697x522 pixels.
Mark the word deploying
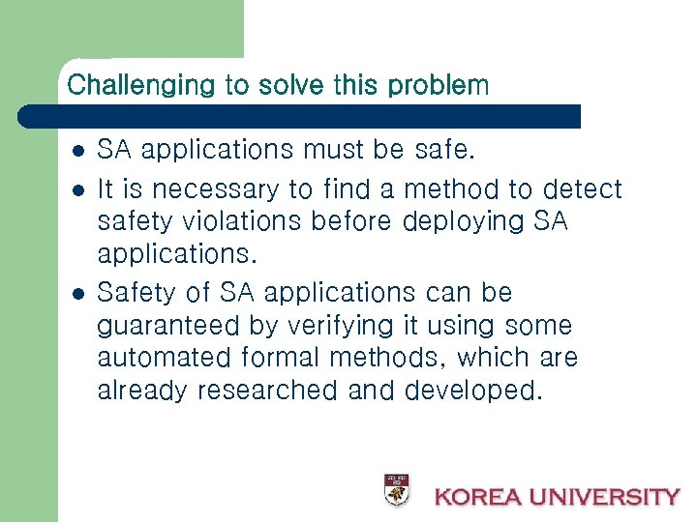(464, 221)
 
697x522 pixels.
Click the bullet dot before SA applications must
(76, 151)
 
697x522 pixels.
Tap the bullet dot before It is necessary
(76, 188)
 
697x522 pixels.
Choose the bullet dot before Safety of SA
(76, 293)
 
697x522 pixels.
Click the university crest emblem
(396, 489)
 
